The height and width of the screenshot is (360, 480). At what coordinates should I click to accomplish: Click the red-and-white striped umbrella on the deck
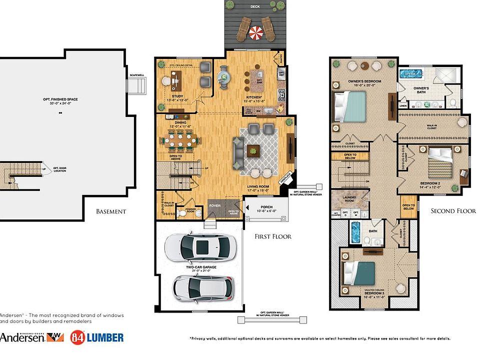[256, 33]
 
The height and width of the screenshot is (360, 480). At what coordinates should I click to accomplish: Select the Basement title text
[111, 211]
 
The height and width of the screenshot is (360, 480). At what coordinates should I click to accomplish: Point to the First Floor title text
[273, 236]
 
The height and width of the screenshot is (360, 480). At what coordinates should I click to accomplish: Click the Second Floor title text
[453, 211]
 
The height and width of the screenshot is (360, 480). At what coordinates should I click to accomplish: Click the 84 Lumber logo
[97, 337]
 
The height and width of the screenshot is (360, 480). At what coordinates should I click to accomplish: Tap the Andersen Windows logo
[32, 337]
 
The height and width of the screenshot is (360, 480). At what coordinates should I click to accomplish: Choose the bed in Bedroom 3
[361, 273]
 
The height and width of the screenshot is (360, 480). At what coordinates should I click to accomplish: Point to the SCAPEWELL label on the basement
[136, 75]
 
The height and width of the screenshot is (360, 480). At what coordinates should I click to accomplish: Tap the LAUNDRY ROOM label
[352, 199]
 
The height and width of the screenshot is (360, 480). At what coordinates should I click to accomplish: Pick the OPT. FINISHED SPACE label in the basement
[60, 99]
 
